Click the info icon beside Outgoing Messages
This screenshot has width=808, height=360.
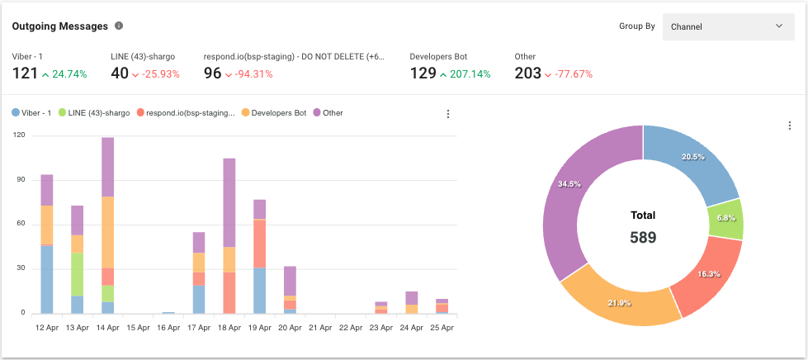pyautogui.click(x=119, y=26)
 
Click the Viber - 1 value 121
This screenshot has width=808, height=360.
pyautogui.click(x=25, y=73)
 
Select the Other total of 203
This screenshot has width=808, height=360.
pyautogui.click(x=527, y=73)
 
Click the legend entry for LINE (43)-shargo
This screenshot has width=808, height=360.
pyautogui.click(x=97, y=113)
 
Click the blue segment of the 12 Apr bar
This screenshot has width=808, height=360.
pyautogui.click(x=47, y=279)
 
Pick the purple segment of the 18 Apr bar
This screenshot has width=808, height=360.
pyautogui.click(x=229, y=202)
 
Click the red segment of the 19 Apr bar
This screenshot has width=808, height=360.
pyautogui.click(x=260, y=244)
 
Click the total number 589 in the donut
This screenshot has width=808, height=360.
pyautogui.click(x=643, y=238)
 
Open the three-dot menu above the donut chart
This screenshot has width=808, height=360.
pyautogui.click(x=790, y=126)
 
